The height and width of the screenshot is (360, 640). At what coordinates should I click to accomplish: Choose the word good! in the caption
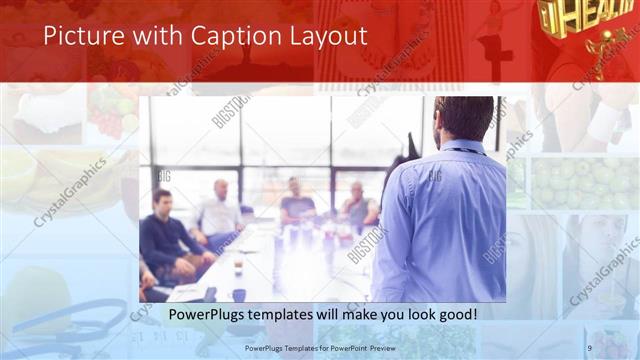coord(452,314)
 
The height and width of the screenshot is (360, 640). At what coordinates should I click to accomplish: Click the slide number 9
coord(590,347)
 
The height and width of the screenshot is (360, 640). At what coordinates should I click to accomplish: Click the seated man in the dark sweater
coord(165,235)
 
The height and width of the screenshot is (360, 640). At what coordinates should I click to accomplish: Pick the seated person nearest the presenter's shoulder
coord(358,205)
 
